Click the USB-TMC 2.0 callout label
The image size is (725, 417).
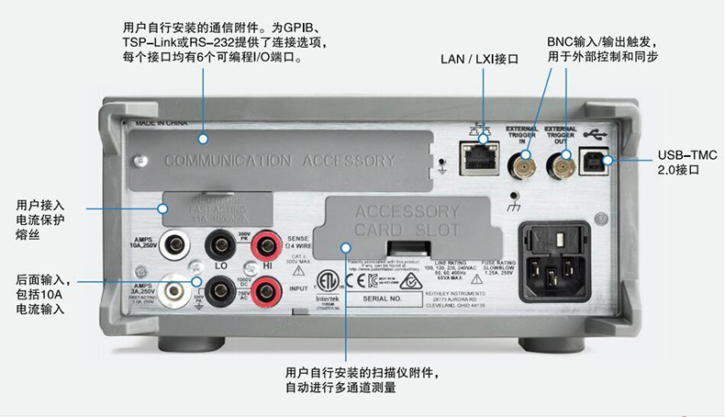(687, 163)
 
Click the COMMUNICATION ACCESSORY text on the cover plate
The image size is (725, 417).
(279, 160)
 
